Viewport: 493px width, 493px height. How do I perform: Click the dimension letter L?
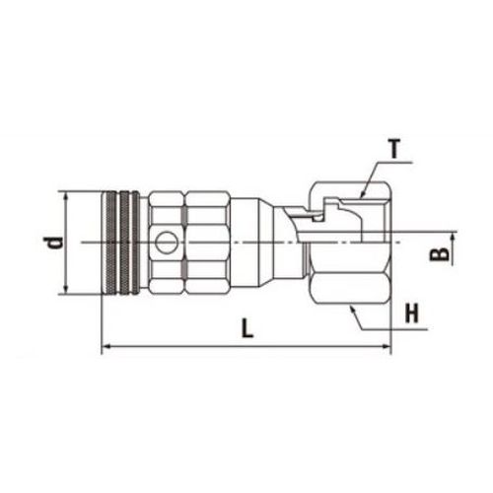tap(247, 327)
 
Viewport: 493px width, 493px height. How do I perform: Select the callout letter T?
tap(395, 149)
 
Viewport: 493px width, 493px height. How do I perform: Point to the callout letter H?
tap(412, 314)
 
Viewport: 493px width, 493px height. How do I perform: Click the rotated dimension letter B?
tap(439, 254)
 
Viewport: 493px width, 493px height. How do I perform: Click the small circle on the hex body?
tap(167, 243)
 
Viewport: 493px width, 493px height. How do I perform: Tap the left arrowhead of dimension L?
tap(106, 346)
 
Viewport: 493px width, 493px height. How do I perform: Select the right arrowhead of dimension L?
tap(386, 346)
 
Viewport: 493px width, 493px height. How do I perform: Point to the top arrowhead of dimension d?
tap(66, 197)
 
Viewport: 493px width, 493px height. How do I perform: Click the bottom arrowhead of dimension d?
tap(66, 289)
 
